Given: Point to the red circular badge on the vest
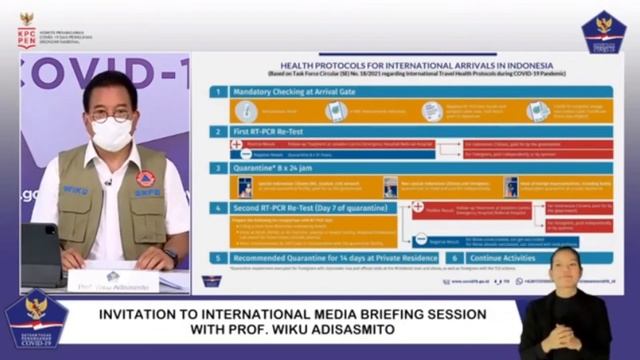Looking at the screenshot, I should (x=146, y=178).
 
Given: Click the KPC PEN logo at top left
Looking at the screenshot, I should (x=26, y=30).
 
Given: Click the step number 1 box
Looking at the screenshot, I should (x=215, y=92).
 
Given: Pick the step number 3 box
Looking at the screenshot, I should (x=215, y=169).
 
